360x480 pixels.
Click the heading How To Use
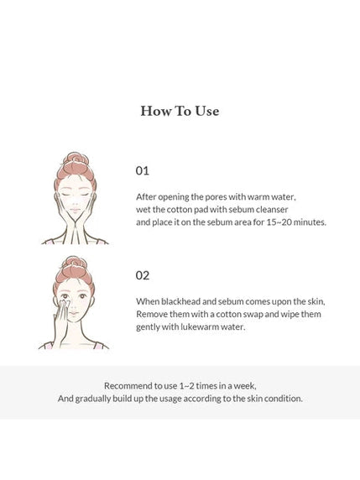click(180, 111)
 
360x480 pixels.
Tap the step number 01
click(142, 170)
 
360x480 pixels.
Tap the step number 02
click(142, 274)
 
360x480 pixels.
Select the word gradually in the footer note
click(98, 399)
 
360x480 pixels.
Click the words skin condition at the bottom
click(269, 399)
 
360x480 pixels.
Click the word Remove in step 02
click(154, 313)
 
